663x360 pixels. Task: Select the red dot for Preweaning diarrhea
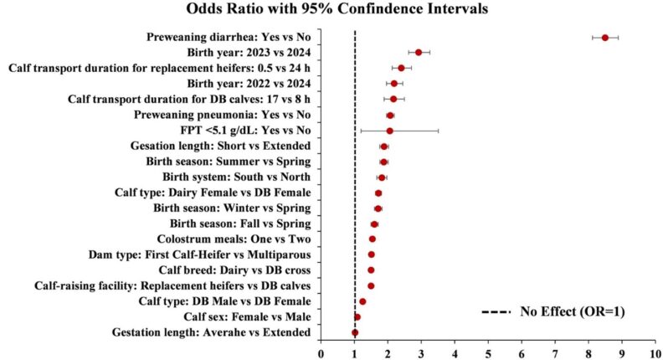pos(605,37)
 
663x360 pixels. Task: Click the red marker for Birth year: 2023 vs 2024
pos(419,53)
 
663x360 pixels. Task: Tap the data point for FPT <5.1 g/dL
pos(389,131)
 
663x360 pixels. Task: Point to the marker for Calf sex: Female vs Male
pos(357,316)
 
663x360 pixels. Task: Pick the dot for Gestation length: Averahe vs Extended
pos(355,332)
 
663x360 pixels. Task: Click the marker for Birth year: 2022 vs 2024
pos(394,84)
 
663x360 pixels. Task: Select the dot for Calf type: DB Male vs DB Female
pos(362,301)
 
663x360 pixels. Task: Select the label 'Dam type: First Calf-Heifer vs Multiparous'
pos(200,255)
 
